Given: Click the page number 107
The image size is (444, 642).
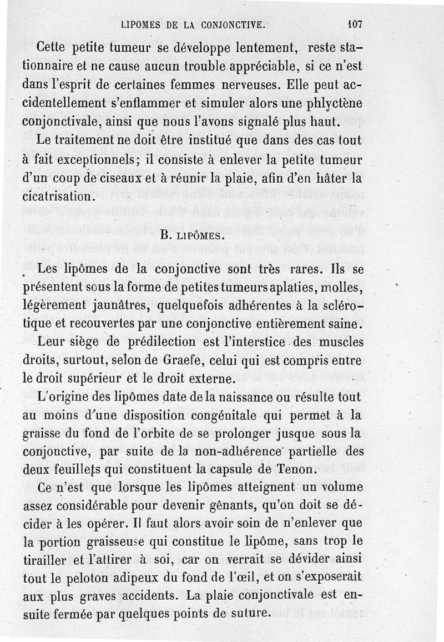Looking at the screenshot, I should click(354, 24).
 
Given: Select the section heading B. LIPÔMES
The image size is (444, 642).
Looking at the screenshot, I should click(192, 235).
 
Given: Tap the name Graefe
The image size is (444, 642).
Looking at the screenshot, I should click(185, 362).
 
